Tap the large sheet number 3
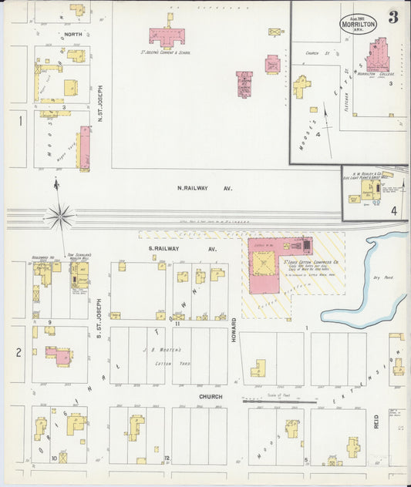pyautogui.click(x=392, y=18)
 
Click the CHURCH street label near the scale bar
pyautogui.click(x=210, y=397)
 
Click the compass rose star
pyautogui.click(x=59, y=216)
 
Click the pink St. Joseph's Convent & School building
pyautogui.click(x=171, y=35)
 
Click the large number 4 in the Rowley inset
pyautogui.click(x=394, y=210)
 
